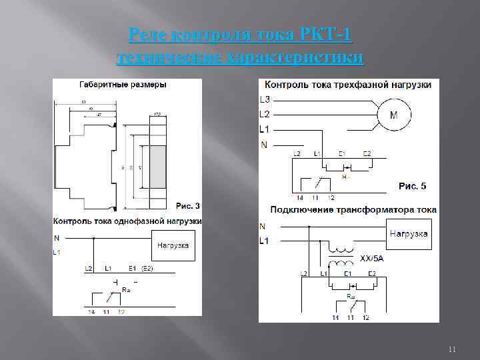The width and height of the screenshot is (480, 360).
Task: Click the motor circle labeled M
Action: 393,115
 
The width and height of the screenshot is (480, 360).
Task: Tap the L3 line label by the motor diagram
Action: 265,100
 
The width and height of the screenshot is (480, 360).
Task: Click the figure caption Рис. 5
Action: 412,185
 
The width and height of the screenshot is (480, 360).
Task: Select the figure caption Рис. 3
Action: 187,205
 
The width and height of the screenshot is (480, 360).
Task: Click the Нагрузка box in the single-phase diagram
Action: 173,245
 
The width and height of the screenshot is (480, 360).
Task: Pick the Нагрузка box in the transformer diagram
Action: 408,235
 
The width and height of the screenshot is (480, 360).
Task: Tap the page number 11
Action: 451,349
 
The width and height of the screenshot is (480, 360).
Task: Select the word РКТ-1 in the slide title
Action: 327,34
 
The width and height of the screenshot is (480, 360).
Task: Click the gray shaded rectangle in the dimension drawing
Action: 158,167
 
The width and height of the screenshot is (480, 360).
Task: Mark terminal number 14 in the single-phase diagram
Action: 91,311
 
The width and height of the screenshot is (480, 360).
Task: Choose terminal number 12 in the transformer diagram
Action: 365,317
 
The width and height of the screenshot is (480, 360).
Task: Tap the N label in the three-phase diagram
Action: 263,144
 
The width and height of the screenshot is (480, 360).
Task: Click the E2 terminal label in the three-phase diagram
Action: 366,154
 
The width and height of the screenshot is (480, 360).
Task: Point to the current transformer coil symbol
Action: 341,257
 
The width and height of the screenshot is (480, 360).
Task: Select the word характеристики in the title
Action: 297,58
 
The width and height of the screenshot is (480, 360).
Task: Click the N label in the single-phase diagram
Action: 57,238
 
